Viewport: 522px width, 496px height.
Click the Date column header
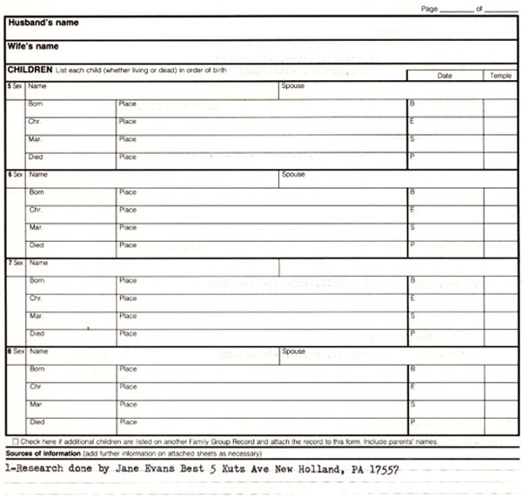pyautogui.click(x=445, y=76)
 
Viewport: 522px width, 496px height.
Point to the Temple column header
pyautogui.click(x=500, y=76)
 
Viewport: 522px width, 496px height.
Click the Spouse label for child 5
pyautogui.click(x=293, y=86)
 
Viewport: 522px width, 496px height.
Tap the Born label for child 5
pyautogui.click(x=36, y=104)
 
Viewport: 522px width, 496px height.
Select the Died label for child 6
pyautogui.click(x=37, y=245)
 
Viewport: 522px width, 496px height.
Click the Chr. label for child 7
pyautogui.click(x=36, y=298)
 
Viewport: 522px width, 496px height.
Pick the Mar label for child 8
pyautogui.click(x=36, y=405)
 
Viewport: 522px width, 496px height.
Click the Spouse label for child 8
pyautogui.click(x=294, y=352)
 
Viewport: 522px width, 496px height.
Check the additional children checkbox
pyautogui.click(x=16, y=441)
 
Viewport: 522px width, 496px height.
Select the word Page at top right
pyautogui.click(x=429, y=8)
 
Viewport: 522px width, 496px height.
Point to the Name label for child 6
pyautogui.click(x=38, y=175)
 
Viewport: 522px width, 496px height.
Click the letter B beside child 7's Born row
pyautogui.click(x=412, y=280)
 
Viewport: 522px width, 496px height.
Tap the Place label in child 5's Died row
pyautogui.click(x=128, y=158)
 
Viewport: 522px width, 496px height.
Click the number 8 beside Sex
pyautogui.click(x=9, y=352)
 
